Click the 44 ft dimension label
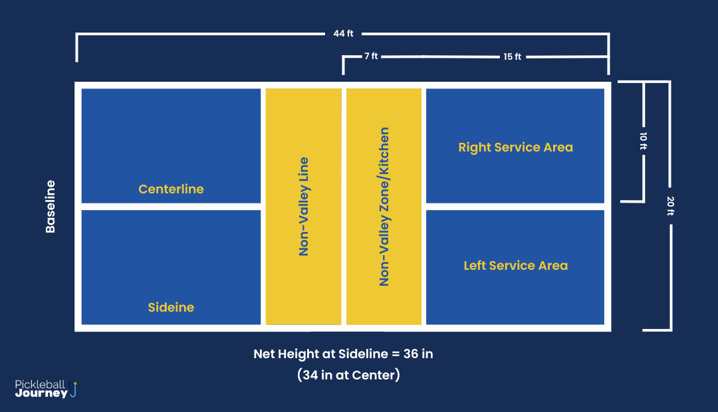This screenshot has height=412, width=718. (344, 33)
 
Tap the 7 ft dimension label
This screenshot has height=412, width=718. (371, 56)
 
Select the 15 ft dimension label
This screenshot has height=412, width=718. (512, 56)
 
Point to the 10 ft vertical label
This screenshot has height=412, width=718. (643, 142)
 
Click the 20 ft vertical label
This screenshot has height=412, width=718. (670, 207)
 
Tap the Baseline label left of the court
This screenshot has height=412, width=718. (51, 206)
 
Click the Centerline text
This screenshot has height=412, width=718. (171, 189)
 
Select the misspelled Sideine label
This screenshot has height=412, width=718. (171, 308)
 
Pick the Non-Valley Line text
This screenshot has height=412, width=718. (304, 207)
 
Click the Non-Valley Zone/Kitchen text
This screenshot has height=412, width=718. (384, 207)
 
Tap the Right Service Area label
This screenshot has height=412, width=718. (515, 148)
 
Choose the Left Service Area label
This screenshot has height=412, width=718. (515, 266)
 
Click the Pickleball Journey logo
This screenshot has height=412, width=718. (47, 389)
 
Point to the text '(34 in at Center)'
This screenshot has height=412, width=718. (348, 375)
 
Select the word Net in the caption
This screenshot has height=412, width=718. (264, 354)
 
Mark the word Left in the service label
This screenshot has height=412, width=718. (475, 266)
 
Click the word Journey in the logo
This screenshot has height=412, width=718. (41, 393)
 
